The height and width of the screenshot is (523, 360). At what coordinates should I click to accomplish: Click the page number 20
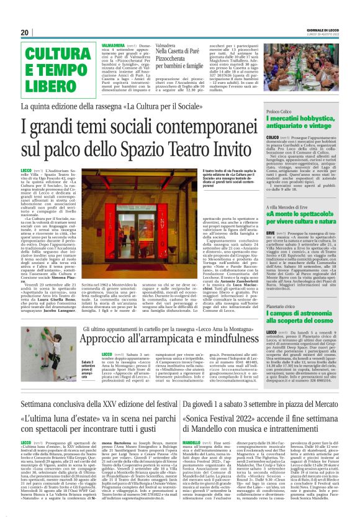tap(25, 32)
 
